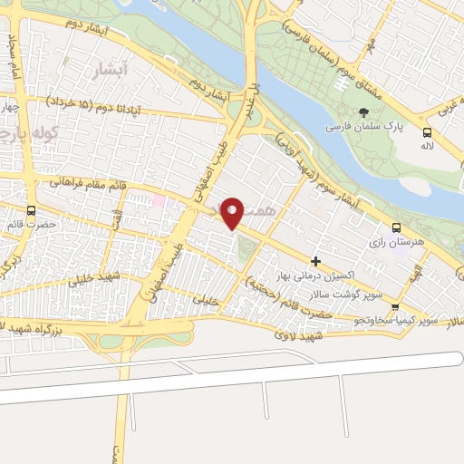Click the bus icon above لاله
(x=426, y=130)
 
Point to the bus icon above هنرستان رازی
(x=395, y=228)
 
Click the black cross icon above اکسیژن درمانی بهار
(x=315, y=261)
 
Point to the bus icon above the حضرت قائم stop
(x=32, y=210)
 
